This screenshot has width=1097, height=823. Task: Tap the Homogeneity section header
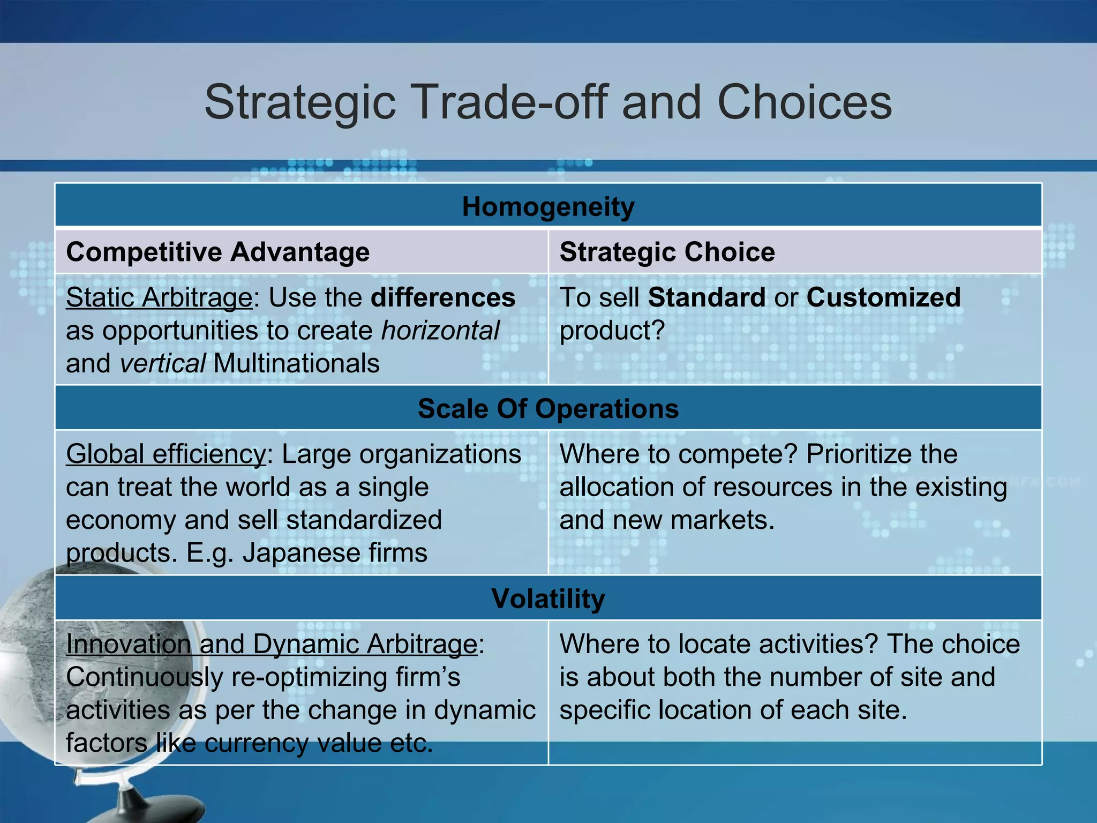pos(548,207)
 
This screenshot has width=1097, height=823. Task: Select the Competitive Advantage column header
pos(217,252)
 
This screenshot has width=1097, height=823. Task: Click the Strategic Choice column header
pos(667,252)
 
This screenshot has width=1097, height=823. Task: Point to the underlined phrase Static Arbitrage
pos(159,297)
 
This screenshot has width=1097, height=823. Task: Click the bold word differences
pos(443,297)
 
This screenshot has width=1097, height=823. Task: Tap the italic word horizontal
pos(440,331)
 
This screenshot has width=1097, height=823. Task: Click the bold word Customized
pos(883,297)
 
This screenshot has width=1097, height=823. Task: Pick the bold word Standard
pos(707,297)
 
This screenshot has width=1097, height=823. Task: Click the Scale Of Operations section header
pos(548,409)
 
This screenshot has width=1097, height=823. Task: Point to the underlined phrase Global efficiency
pos(166,454)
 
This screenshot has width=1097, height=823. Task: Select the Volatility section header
pos(548,598)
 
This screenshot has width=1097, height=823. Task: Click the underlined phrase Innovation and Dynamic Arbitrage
pos(271,644)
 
